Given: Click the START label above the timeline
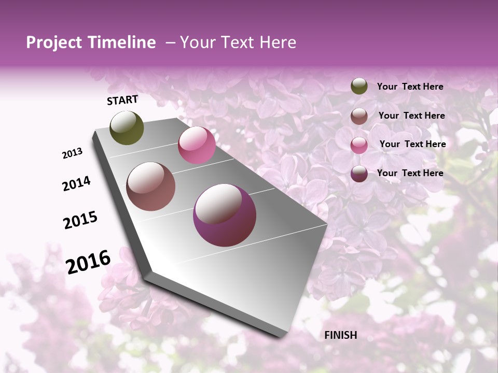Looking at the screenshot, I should coord(122,100).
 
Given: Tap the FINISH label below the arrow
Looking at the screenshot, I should coord(341,335).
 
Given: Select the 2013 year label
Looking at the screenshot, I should coord(73,153).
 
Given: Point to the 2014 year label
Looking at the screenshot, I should coord(76,184).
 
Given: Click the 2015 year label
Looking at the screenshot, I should coord(80,220).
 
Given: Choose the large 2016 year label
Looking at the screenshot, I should coord(88,262).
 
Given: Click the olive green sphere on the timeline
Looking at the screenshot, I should coord(127,128).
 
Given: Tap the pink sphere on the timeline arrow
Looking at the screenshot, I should coord(197,145).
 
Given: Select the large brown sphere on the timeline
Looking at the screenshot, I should coord(151,187).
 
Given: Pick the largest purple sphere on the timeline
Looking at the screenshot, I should coord(225,215).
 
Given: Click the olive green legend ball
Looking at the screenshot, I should coord(359,87).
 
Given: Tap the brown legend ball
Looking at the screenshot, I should coord(359,116).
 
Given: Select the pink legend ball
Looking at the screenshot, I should coord(359,145).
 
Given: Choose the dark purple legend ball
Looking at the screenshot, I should coord(359,174).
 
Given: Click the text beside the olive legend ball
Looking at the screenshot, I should coord(410,87).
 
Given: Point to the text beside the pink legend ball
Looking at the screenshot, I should coord(412,145).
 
